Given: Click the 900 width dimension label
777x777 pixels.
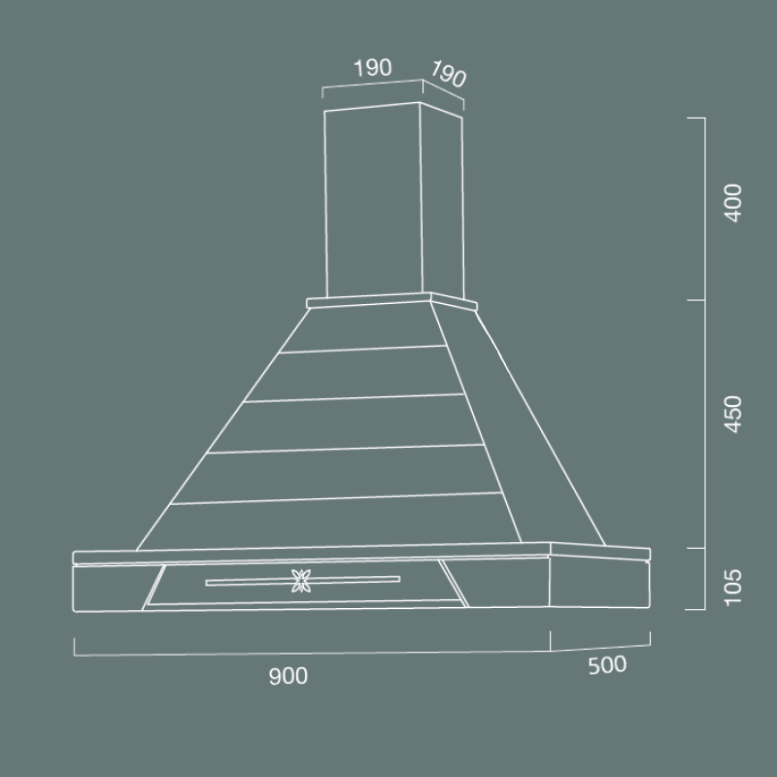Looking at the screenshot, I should coord(288,677).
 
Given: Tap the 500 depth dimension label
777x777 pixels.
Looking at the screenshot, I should coord(607,665).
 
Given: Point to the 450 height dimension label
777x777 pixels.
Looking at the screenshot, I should coord(733,415).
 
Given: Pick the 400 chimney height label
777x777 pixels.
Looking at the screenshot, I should coord(733,202).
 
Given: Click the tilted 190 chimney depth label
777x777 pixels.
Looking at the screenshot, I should coord(448,76).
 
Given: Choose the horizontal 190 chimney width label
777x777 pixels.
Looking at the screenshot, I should coord(372,68).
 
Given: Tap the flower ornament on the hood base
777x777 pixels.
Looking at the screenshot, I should coord(300,581).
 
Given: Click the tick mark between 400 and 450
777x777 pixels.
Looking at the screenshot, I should coord(694,300).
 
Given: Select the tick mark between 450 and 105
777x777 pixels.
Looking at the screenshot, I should coord(694,548).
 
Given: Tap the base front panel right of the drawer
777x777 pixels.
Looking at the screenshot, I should coord(505,588).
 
